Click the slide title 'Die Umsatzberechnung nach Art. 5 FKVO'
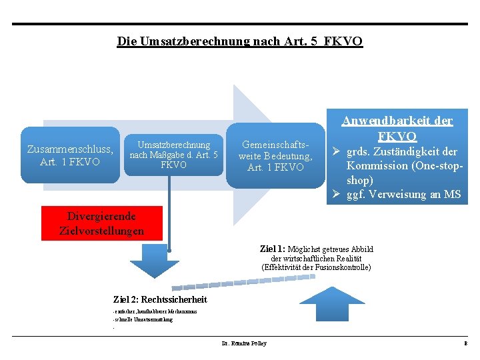(x=240, y=41)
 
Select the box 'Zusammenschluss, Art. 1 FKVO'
(x=70, y=155)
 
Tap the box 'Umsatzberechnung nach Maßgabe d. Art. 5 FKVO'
(x=173, y=155)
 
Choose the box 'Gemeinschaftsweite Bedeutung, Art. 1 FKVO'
(x=275, y=156)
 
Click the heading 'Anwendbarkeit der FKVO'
(x=397, y=129)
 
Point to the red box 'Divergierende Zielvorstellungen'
(x=101, y=223)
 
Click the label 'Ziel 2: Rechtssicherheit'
(x=160, y=299)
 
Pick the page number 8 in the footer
(x=465, y=343)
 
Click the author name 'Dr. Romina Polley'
(x=243, y=343)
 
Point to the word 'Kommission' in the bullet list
(x=374, y=166)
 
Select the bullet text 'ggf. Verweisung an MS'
(x=403, y=195)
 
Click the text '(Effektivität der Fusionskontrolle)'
(x=316, y=267)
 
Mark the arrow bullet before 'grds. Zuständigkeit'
(x=337, y=151)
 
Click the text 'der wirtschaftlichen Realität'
(x=316, y=259)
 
